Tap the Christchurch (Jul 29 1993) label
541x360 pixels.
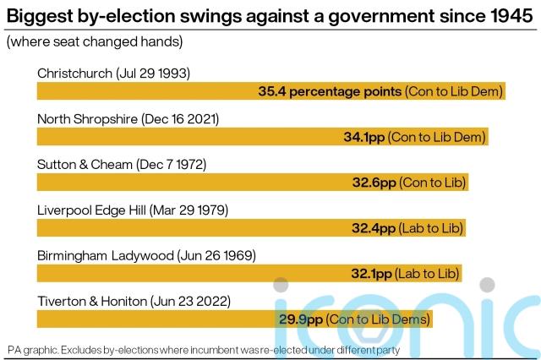click(x=114, y=74)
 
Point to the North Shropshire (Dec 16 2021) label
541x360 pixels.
click(x=128, y=119)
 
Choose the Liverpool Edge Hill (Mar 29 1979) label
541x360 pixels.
click(x=133, y=210)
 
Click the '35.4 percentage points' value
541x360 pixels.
click(x=330, y=91)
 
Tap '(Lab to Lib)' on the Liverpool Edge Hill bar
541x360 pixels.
click(x=429, y=228)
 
